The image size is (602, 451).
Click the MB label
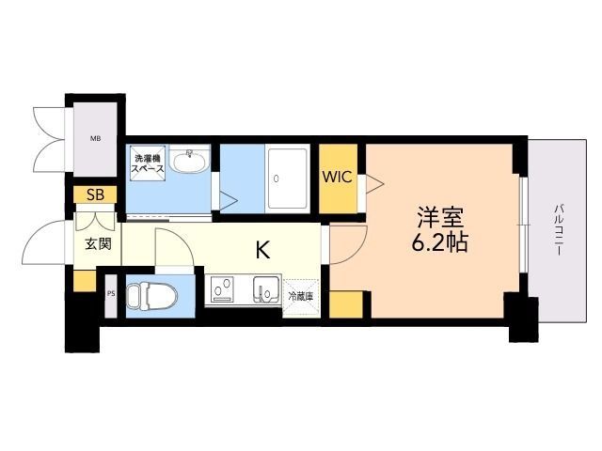tap(95, 139)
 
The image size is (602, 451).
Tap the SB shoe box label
tap(95, 195)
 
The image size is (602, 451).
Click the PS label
tap(111, 293)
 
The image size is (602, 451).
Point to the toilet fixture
tap(147, 295)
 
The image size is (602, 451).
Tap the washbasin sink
tap(195, 162)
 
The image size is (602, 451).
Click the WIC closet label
tap(338, 177)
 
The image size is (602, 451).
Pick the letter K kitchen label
tap(263, 250)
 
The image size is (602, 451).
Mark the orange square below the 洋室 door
tap(347, 303)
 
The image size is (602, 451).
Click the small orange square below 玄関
tap(84, 279)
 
